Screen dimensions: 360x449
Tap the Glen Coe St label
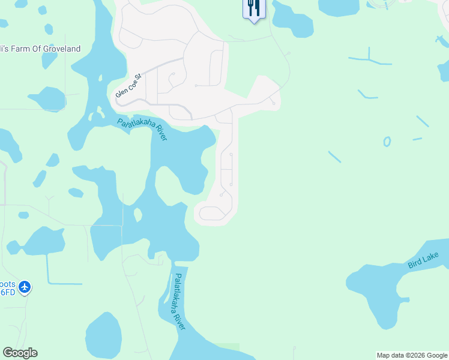128,86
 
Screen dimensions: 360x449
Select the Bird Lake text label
423,260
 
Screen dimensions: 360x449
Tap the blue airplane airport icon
25,287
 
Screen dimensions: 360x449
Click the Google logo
20,353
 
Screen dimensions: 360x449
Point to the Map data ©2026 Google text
412,355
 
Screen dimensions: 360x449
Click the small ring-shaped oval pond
387,142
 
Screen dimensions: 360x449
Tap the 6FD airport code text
7,292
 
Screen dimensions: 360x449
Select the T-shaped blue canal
370,61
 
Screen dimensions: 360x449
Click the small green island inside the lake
137,214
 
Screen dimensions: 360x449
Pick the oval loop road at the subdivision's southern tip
211,214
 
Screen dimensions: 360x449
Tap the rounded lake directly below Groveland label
46,98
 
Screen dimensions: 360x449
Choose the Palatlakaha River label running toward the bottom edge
179,302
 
